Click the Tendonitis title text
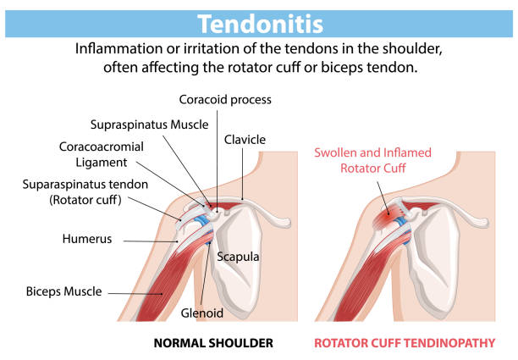pos(261,24)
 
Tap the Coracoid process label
pos(225,99)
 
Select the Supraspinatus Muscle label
pos(149,125)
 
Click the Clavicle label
pos(245,140)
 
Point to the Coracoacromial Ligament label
pos(102,154)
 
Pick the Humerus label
pos(87,239)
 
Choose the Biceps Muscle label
pos(64,291)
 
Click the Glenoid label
pos(201,313)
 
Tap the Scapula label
pos(238,257)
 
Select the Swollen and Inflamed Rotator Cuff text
pos(372,160)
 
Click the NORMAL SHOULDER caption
pos(213,343)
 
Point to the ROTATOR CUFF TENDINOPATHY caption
pos(405,343)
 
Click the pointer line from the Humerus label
pos(152,241)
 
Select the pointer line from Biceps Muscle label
pos(135,294)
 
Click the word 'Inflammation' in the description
pos(118,49)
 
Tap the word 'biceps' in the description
pos(341,68)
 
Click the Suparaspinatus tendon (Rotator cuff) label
pos(85,192)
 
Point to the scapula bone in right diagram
pos(433,261)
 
